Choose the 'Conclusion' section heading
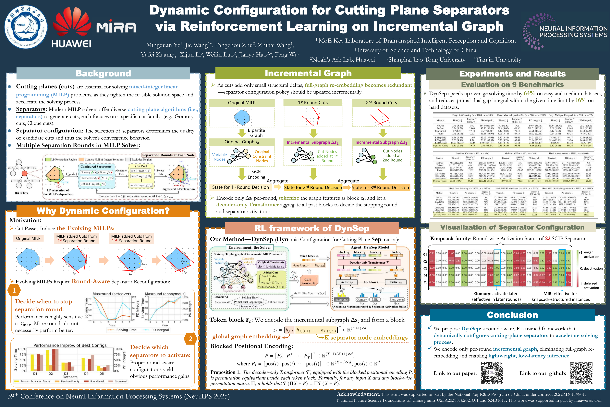click(512, 315)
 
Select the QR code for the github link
click(581, 373)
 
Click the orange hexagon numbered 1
click(14, 290)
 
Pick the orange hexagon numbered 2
click(190, 339)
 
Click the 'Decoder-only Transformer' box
click(369, 262)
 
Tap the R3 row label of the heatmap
click(425, 268)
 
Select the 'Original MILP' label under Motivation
click(28, 238)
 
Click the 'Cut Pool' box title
click(141, 166)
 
